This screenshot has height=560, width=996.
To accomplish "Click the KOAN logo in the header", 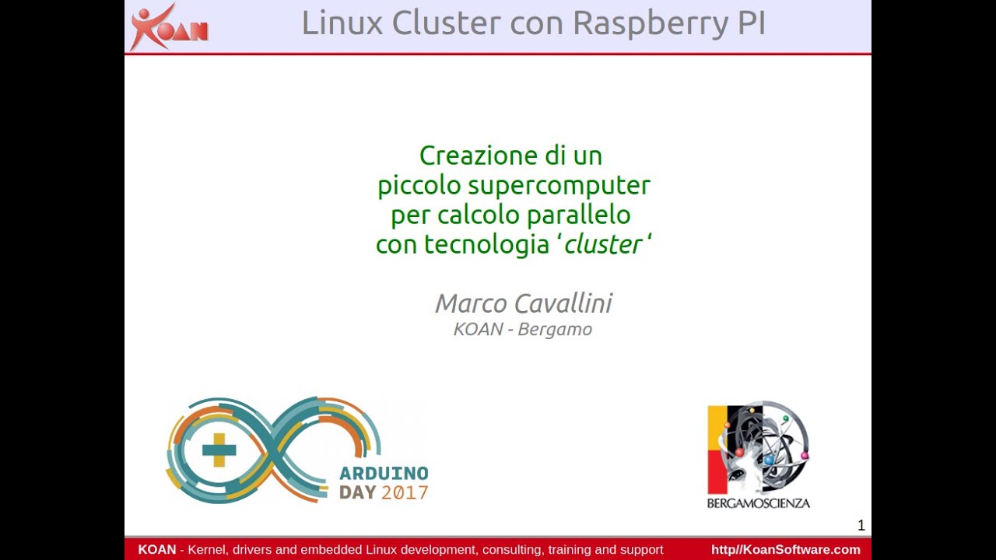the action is tap(169, 26).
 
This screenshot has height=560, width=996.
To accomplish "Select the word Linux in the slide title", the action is tap(342, 23).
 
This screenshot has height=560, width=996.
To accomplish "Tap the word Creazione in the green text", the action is tap(479, 156).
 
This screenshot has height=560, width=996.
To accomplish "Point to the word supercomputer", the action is tap(559, 186).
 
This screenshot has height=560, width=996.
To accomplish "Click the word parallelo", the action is tap(579, 215).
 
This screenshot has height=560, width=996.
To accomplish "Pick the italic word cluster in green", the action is tap(602, 244).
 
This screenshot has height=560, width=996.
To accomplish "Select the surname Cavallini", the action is tap(563, 303).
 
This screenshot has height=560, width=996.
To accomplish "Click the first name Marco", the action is tap(471, 303).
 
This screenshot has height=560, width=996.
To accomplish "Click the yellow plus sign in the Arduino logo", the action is tap(219, 450).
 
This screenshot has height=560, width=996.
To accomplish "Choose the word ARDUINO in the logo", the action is tap(384, 474).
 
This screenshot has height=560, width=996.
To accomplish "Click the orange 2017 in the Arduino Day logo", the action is tap(405, 493).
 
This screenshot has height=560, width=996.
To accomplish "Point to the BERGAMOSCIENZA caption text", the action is tap(758, 503).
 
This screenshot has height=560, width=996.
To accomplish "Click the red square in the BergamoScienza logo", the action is tap(717, 472).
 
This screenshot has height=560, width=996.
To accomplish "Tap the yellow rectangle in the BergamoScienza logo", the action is tap(717, 428).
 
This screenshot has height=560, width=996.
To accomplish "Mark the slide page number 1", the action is tap(861, 526).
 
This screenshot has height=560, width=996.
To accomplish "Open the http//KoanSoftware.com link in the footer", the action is tap(786, 550).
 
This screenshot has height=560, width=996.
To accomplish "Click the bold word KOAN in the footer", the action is tap(157, 550).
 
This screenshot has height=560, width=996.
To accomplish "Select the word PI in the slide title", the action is tap(752, 23).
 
